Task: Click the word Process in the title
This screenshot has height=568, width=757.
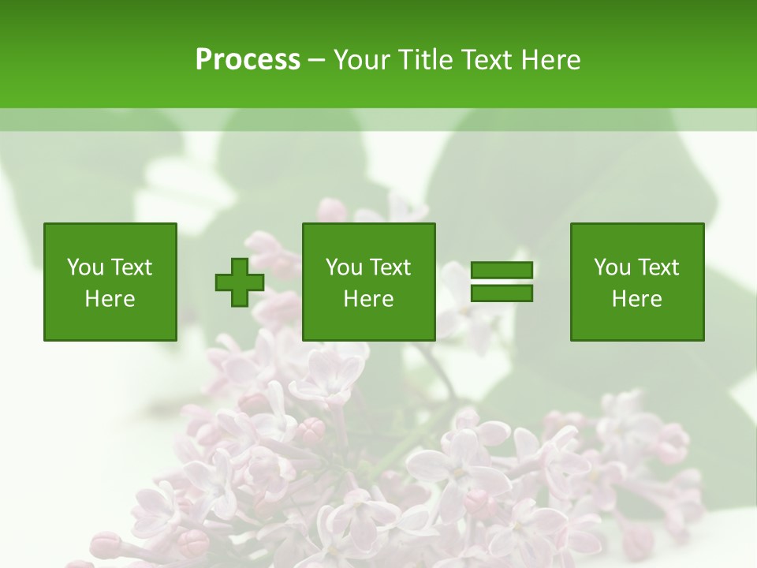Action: pyautogui.click(x=248, y=60)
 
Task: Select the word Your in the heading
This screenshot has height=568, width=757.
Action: pyautogui.click(x=361, y=60)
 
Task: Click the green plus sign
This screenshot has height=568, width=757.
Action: pyautogui.click(x=240, y=282)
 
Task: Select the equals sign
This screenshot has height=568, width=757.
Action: pyautogui.click(x=502, y=282)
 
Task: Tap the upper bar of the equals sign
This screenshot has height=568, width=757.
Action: pyautogui.click(x=502, y=271)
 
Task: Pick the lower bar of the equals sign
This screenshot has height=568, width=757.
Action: pyautogui.click(x=502, y=293)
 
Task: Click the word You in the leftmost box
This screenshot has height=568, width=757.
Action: pyautogui.click(x=85, y=267)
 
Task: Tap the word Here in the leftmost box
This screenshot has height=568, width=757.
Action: pyautogui.click(x=110, y=299)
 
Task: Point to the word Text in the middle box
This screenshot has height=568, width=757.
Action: pyautogui.click(x=390, y=267)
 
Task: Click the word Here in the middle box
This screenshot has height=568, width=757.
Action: pyautogui.click(x=369, y=299)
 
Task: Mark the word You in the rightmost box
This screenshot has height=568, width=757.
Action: pyautogui.click(x=612, y=267)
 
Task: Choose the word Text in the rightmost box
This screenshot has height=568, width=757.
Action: pyautogui.click(x=658, y=267)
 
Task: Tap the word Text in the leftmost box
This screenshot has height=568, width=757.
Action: pyautogui.click(x=131, y=267)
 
